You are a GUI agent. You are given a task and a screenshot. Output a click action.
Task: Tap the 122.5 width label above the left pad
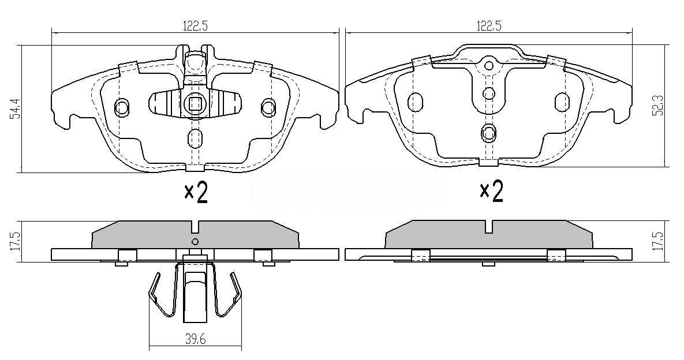coord(195,25)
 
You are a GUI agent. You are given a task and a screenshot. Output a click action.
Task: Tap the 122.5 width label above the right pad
coord(488,25)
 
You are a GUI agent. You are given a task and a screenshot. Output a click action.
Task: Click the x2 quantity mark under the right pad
coord(492,191)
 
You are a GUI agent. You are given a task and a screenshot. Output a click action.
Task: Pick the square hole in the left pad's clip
coord(195,104)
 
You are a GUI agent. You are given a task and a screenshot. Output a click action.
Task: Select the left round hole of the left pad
coord(122,107)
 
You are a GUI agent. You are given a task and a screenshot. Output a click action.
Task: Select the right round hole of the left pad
coord(268,107)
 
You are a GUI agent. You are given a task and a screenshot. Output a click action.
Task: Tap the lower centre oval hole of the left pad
coord(195,138)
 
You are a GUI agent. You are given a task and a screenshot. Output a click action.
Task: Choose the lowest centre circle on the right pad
coord(489,133)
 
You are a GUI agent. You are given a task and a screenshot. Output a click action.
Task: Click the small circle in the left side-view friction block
coord(195,241)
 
